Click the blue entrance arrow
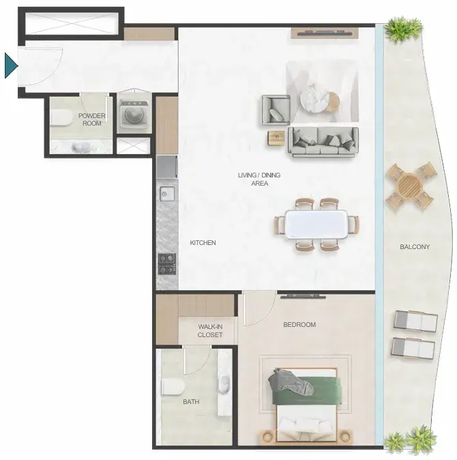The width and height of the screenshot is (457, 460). coord(10,66)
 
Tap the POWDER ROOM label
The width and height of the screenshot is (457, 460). coord(92,119)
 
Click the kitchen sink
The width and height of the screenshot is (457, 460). coord(167,195)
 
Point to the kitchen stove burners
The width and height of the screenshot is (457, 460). coord(167,263)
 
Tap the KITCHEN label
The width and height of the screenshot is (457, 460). coord(203,242)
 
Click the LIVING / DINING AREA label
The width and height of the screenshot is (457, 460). coord(259,179)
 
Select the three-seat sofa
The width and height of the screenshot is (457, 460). coord(323,141)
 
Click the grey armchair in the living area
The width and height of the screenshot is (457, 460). coord(276,110)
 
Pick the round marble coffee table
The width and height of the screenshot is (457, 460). coord(314,98)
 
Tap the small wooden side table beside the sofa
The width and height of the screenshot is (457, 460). coord(276,138)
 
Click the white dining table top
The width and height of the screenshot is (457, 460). coord(316,225)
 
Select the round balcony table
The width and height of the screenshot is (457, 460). coord(409,186)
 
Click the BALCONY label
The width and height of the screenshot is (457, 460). coord(415,247)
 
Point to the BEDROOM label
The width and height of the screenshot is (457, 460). coord(299,324)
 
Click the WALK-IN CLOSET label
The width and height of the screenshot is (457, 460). coord(210,330)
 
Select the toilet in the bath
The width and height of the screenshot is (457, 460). coord(173,387)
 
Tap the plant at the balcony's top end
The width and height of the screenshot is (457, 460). coord(403,29)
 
